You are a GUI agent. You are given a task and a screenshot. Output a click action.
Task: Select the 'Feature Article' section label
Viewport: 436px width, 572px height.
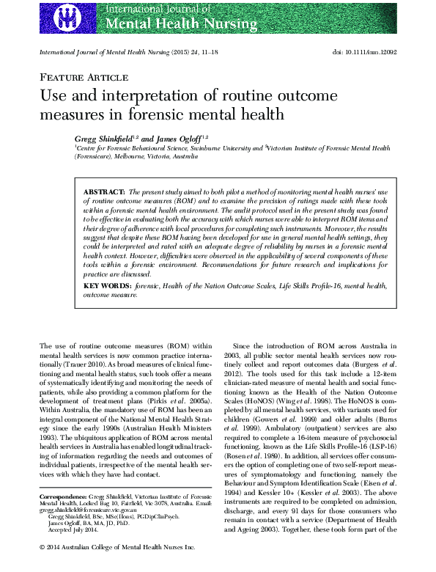click(x=78, y=77)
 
